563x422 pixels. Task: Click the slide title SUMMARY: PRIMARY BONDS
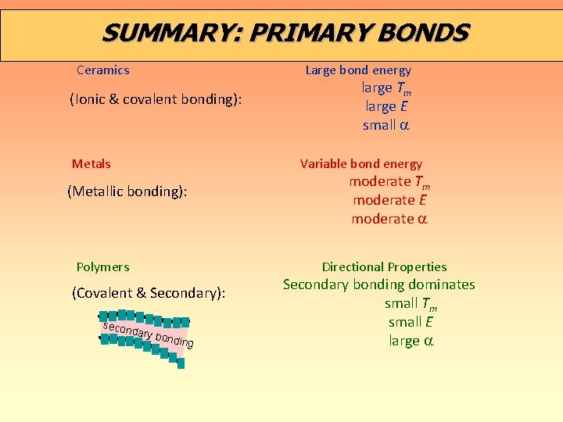[x=285, y=33]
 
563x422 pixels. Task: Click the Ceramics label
[x=103, y=70]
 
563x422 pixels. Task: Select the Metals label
[x=91, y=163]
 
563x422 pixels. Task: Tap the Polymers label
[x=102, y=266]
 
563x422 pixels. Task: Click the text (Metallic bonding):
[x=127, y=191]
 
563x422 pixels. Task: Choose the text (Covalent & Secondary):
[x=149, y=293]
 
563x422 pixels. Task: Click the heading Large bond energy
[x=358, y=70]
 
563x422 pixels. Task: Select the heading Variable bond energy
[x=360, y=163]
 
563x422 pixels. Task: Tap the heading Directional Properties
[x=385, y=266]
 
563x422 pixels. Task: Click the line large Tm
[x=385, y=88]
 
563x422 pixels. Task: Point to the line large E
[x=386, y=106]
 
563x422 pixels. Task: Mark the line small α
[x=386, y=125]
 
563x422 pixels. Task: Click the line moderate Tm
[x=389, y=182]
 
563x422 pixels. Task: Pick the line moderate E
[x=389, y=200]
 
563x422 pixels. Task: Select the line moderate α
[x=389, y=219]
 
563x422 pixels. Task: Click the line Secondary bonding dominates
[x=379, y=284]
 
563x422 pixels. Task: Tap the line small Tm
[x=411, y=304]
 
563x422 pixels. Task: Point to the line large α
[x=411, y=341]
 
